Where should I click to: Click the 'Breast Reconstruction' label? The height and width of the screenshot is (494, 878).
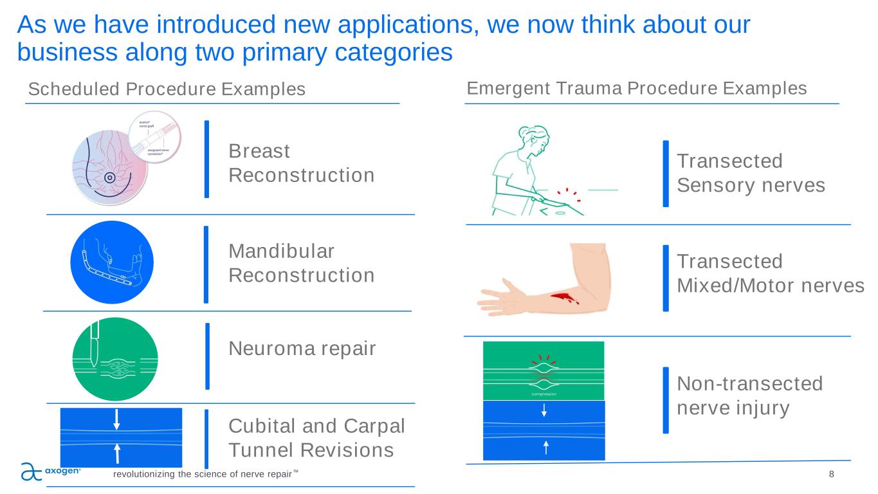coord(301,163)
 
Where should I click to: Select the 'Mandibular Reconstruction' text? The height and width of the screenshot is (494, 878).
coord(301,263)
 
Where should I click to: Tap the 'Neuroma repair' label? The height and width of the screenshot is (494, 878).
coord(302,349)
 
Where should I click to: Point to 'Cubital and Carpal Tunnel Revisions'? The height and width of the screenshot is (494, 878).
coord(317,438)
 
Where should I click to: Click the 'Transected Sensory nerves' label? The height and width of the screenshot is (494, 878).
coord(751,173)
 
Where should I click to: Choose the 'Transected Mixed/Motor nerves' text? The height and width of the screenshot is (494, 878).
coord(771,273)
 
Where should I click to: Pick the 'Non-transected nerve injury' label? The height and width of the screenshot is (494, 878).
coord(749,396)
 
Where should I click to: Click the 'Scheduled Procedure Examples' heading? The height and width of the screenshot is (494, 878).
coord(167,89)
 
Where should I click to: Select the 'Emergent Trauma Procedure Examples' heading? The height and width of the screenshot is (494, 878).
coord(636,88)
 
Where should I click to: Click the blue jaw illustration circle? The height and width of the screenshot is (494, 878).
coord(112,262)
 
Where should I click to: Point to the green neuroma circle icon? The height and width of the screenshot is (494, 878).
coord(116,360)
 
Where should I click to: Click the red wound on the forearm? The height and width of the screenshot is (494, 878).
coord(563,297)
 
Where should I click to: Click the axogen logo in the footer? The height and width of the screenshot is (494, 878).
coord(51,471)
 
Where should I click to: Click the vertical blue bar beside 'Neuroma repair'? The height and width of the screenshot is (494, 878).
coord(207,356)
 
